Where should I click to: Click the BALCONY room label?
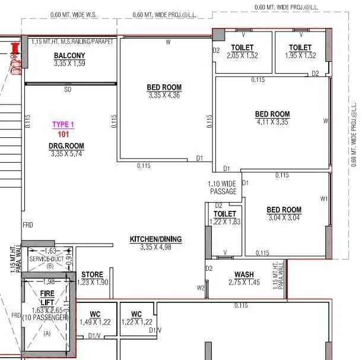[x=69, y=56]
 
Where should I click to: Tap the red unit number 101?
[x=63, y=134]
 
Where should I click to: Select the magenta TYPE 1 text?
[x=63, y=125]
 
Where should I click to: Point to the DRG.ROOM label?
[x=66, y=146]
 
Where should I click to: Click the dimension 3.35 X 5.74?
[x=66, y=153]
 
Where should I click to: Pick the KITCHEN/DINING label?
[x=155, y=239]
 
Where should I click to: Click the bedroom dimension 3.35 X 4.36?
[x=164, y=95]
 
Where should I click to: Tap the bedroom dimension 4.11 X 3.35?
[x=272, y=122]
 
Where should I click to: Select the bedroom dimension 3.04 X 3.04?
[x=284, y=217]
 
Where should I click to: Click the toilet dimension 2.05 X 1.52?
[x=242, y=55]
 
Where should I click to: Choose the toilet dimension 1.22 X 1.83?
[x=224, y=222]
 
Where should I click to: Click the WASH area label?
[x=244, y=274]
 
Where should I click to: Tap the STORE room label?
[x=93, y=275]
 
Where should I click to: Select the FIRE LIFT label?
[x=47, y=298]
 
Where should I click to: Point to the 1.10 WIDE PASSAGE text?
[x=223, y=188]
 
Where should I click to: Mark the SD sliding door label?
[x=69, y=90]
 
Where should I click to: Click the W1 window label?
[x=323, y=198]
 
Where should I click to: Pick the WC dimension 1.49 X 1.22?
[x=95, y=322]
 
